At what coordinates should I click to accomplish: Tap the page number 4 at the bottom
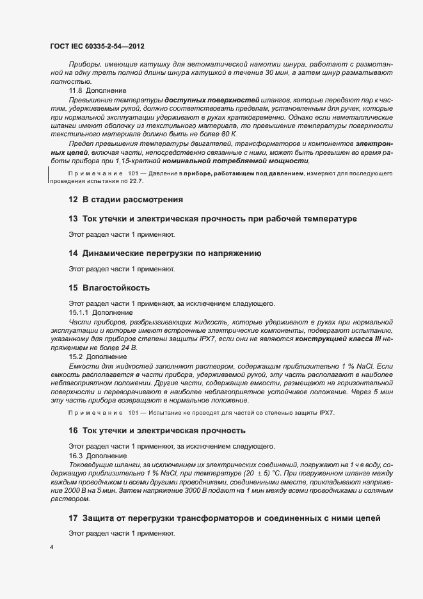(51, 548)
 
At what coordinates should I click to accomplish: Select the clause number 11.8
(76, 91)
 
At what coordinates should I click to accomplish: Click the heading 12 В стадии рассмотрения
(125, 200)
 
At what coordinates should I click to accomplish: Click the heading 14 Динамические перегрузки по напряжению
(165, 253)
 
